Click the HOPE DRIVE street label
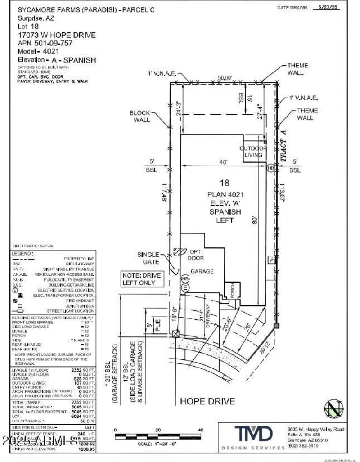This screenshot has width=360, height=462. pyautogui.click(x=207, y=401)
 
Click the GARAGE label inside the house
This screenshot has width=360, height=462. pyautogui.click(x=202, y=271)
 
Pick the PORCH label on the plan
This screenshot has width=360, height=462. pyautogui.click(x=233, y=288)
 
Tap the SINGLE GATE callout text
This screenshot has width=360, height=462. pyautogui.click(x=148, y=258)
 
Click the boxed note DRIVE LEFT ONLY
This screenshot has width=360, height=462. pyautogui.click(x=139, y=279)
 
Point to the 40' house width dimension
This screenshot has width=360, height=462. pyautogui.click(x=223, y=162)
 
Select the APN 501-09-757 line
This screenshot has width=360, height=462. pyautogui.click(x=45, y=43)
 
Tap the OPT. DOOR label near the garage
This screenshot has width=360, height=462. pyautogui.click(x=196, y=255)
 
